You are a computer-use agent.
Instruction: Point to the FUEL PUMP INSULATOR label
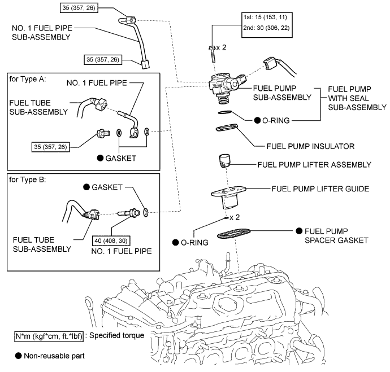coord(310,146)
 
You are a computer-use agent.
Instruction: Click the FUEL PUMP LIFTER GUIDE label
coord(321,188)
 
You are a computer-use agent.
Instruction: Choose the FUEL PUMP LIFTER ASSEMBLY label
coord(314,165)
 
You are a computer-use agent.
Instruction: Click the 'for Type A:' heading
coord(28,78)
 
